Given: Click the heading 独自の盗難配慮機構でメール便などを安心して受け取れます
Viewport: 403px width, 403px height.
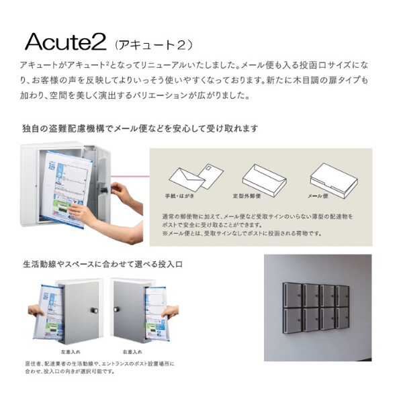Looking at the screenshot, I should [140, 128].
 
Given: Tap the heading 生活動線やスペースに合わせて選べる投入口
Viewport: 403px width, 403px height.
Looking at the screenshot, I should [102, 264].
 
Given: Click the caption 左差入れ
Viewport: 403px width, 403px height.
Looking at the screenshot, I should [69, 351].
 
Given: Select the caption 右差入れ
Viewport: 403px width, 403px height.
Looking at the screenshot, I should [132, 351].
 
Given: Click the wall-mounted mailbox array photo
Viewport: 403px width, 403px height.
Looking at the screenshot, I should [317, 308].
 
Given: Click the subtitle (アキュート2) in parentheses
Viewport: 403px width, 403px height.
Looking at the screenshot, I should [154, 45].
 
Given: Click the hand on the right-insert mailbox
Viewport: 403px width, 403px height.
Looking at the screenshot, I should [170, 313].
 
